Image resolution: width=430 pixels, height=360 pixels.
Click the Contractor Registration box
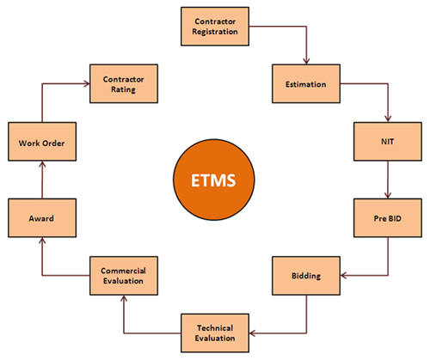pos(215,27)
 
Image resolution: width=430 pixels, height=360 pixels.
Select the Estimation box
pos(306,83)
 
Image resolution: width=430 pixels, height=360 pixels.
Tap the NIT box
pos(388,142)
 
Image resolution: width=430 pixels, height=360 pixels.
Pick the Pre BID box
pos(388,218)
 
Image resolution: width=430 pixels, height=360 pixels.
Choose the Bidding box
pos(306,276)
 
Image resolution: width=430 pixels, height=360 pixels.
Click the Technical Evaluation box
pos(215,333)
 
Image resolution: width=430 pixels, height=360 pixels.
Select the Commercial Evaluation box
pos(124,276)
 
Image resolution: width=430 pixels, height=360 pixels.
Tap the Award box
pos(42,218)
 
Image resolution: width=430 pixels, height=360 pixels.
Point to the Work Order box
pos(42,142)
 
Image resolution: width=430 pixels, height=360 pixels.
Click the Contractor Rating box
pos(124,83)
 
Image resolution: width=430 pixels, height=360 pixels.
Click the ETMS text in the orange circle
pos(213,180)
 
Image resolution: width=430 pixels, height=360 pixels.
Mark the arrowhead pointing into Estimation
pos(306,61)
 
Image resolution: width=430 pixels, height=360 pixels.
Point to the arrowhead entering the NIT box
pos(388,119)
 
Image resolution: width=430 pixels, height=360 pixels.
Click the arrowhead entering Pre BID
pos(388,195)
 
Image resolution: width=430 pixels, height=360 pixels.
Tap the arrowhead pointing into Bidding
pos(344,276)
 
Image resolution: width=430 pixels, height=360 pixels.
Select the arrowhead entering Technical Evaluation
pos(253,333)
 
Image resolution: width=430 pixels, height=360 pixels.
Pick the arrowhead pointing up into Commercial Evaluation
pos(124,298)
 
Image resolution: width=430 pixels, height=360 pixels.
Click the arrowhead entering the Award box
pos(42,241)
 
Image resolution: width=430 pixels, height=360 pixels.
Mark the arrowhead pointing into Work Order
pos(42,164)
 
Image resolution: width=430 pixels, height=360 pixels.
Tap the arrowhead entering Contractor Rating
pos(86,83)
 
